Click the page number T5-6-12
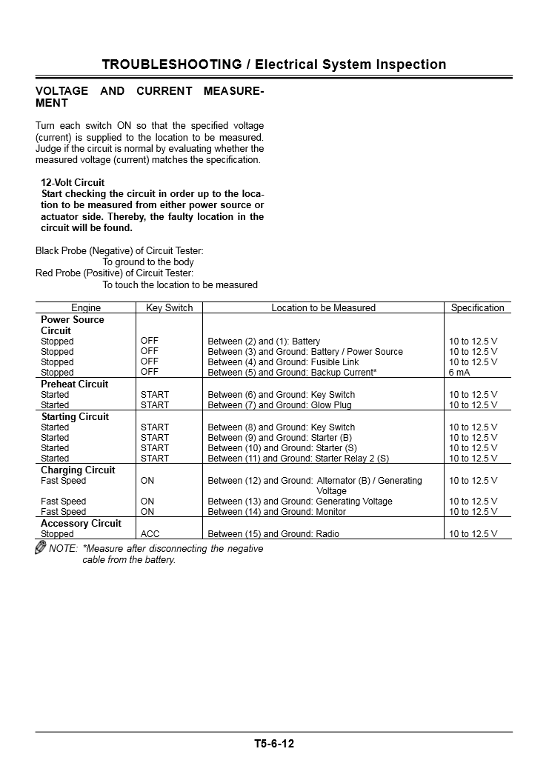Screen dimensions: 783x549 (274, 744)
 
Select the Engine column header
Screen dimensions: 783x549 (86, 308)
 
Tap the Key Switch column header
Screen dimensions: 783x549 (169, 308)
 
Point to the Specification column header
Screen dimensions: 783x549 (477, 308)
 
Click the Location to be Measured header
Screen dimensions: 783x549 (323, 308)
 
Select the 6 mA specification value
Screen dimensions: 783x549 (459, 373)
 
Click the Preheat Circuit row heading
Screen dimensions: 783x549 (74, 384)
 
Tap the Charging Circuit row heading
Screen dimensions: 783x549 (78, 470)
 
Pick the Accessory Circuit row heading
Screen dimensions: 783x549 (81, 524)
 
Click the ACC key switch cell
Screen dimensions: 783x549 (149, 534)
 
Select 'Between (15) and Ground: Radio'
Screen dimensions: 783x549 (273, 534)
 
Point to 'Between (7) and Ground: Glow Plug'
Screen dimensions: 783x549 (279, 405)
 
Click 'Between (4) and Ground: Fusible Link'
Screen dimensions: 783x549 (283, 362)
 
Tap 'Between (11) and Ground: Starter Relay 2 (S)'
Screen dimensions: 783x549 (298, 459)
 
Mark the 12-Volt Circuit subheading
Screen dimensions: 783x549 (73, 182)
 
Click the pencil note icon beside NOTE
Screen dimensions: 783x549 (41, 548)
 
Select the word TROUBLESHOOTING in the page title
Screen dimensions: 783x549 (172, 64)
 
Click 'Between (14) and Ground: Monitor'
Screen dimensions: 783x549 (276, 512)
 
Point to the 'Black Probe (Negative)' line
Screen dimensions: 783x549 (119, 251)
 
